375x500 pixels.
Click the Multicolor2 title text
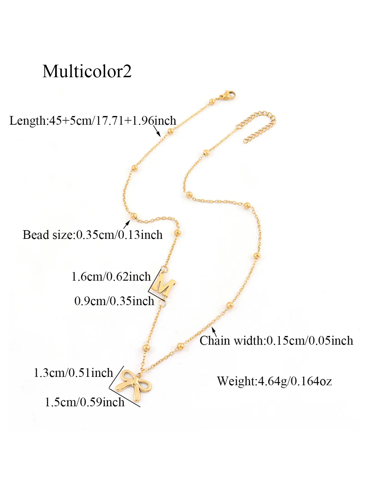87,71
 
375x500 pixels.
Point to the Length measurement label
93,121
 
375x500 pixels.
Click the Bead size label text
92,235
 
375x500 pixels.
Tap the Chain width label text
276,341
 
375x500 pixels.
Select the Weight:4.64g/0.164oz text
274,381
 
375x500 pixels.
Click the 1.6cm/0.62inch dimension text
111,276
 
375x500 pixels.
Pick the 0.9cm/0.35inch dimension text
114,301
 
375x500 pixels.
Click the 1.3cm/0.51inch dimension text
73,372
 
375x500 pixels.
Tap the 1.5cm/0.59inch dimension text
85,402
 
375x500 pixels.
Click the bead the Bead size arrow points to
134,216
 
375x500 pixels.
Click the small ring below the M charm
162,303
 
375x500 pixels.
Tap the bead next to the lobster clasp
212,101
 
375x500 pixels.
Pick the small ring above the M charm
165,269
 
